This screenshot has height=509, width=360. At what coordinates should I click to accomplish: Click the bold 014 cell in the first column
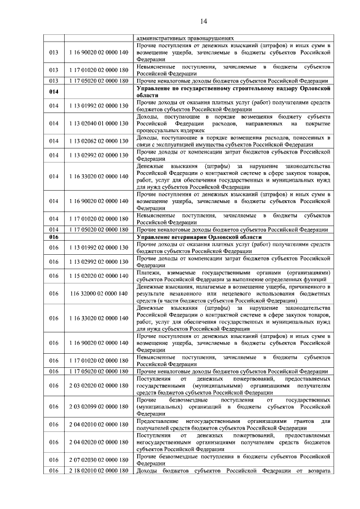54,92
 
